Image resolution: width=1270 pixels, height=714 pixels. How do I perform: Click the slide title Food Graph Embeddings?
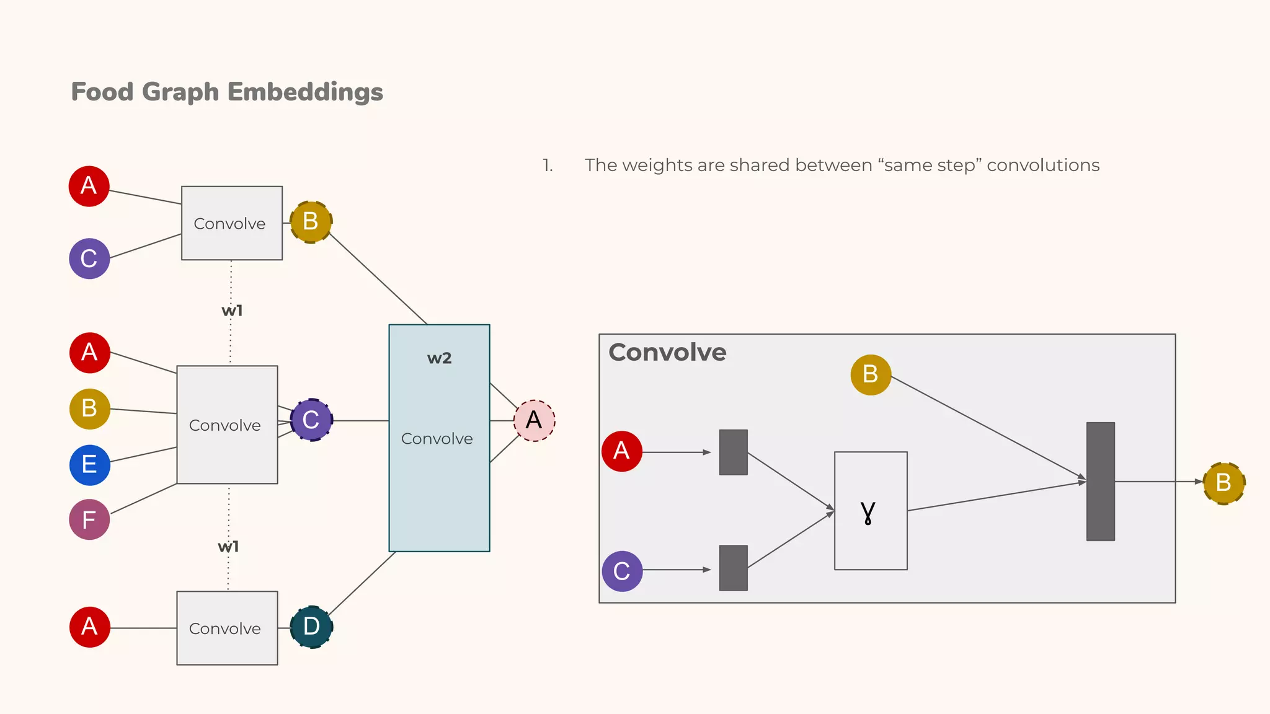227,92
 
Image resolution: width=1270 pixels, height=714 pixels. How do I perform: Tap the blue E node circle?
90,465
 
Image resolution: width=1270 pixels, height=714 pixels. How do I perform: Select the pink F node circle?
89,519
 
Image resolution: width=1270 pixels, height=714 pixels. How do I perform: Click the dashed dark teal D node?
311,627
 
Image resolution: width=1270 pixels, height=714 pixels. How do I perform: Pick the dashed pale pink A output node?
534,421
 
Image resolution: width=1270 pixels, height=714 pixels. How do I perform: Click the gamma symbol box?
870,511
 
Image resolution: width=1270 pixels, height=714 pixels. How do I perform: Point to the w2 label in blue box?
439,358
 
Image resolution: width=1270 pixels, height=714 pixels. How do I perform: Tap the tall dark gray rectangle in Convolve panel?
1100,482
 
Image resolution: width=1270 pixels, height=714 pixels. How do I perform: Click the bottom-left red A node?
90,627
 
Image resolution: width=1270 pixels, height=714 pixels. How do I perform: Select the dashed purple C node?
311,420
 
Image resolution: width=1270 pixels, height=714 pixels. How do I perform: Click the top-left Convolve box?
231,223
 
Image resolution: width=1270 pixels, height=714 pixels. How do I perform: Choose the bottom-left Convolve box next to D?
227,628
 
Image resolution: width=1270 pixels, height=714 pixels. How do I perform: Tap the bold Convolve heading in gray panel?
667,353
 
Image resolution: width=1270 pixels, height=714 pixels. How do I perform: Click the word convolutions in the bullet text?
1042,165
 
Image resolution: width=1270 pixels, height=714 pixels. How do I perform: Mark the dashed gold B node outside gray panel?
1223,483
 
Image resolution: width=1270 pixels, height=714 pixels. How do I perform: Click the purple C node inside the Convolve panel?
622,571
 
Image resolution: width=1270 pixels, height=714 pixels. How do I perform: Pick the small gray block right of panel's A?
733,452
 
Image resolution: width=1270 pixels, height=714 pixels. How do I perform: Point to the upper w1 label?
232,311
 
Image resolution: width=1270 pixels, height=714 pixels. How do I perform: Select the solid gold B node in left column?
90,408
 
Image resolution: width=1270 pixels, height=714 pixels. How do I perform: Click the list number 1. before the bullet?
548,165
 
